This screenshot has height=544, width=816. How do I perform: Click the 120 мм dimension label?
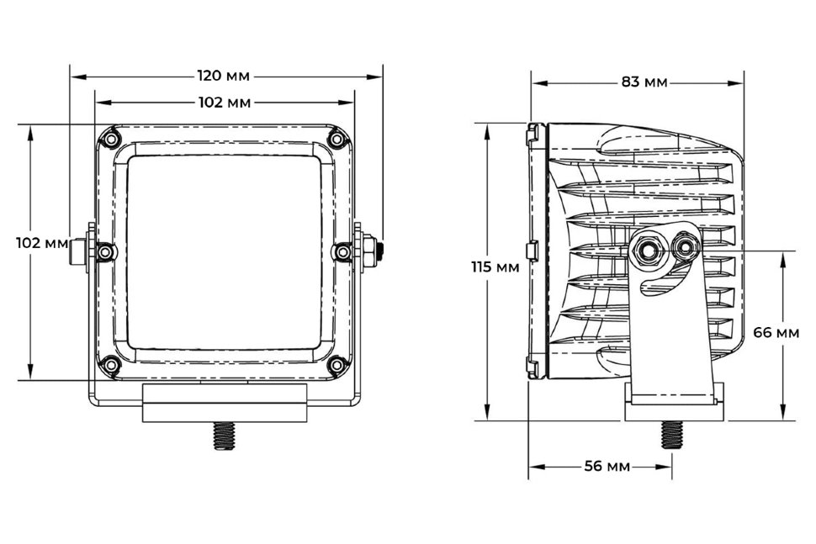[223, 76]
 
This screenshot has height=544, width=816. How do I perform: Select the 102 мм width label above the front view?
[225, 103]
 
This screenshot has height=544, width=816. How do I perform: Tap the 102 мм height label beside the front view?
[42, 243]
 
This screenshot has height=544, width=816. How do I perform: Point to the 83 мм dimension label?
[644, 82]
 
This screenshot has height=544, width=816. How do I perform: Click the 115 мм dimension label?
[495, 267]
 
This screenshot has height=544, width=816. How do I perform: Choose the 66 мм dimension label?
[776, 332]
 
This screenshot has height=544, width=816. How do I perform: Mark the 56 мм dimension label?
[607, 466]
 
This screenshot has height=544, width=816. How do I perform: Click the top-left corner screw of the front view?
[110, 139]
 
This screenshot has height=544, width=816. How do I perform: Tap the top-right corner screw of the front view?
[336, 139]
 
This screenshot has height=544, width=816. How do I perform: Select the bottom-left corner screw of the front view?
[110, 364]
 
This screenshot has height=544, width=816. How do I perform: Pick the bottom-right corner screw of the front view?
[336, 364]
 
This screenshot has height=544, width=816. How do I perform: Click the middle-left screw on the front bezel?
[106, 252]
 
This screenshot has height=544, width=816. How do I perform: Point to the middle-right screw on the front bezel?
[342, 252]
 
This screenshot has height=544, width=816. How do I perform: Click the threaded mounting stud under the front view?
[224, 436]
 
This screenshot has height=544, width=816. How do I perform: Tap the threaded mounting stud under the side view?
[672, 435]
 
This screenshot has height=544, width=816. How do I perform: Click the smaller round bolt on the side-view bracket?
[685, 247]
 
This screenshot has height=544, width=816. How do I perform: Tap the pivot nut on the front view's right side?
[371, 251]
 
